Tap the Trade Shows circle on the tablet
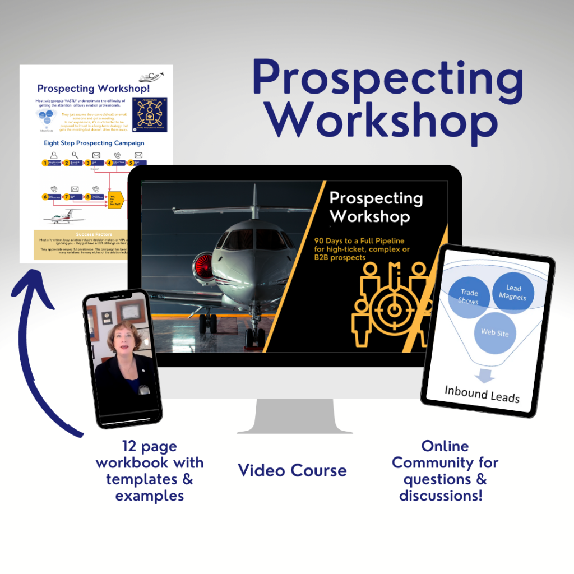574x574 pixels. coord(469,296)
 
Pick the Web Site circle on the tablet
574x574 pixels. coord(495,332)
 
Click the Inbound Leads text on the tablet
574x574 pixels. coord(482,393)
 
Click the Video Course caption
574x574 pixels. coord(292,470)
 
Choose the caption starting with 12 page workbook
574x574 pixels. coord(149,471)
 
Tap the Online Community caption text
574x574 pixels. coord(445,471)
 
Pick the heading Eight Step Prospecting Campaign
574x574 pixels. coord(94,143)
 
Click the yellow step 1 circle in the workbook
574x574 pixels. coord(45,163)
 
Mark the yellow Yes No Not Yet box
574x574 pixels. coord(115,198)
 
